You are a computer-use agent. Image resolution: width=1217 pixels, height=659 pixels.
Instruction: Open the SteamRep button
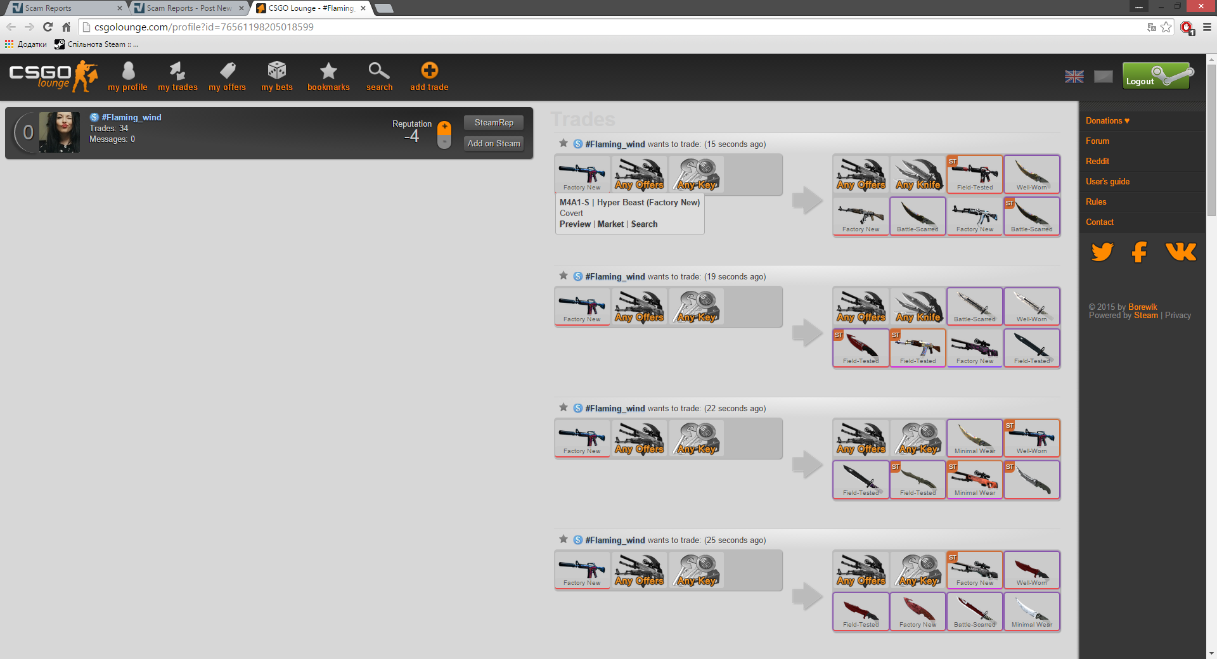(x=494, y=122)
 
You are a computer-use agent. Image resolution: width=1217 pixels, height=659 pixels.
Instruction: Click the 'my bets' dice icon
(x=277, y=70)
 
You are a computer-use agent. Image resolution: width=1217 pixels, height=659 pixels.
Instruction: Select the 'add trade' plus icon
(x=429, y=70)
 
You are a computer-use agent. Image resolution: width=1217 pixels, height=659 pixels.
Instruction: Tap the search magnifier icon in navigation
(x=379, y=70)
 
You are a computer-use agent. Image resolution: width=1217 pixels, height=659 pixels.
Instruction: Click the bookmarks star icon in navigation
(x=328, y=70)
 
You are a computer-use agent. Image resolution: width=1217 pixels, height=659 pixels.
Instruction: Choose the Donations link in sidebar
(x=1107, y=120)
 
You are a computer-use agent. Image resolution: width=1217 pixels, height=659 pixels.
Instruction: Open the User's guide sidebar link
(x=1107, y=181)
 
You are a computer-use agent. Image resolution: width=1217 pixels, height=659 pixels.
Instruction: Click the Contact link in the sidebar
(x=1099, y=222)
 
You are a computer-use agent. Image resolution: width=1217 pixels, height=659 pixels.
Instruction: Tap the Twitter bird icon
(x=1102, y=252)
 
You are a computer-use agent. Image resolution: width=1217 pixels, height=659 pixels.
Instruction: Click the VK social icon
(x=1181, y=252)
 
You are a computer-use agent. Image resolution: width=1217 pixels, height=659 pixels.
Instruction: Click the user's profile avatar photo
(x=60, y=132)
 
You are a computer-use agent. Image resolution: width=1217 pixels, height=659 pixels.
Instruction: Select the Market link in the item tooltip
(x=610, y=224)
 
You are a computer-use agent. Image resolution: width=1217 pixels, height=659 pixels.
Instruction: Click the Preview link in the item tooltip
(x=575, y=224)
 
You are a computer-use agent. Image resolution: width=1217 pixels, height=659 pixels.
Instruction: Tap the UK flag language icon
(x=1074, y=77)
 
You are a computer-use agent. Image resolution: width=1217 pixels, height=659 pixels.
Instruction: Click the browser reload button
(x=48, y=27)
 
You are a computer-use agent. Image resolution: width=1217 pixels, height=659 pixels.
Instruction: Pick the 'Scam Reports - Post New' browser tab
(x=189, y=8)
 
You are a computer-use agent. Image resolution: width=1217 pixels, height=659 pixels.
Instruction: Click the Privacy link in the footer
(x=1178, y=315)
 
